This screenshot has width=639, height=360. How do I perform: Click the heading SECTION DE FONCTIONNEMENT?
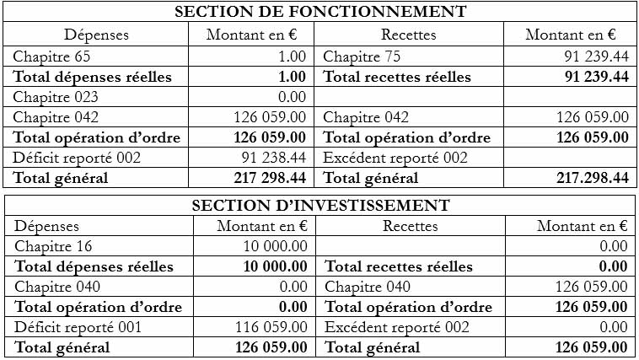tap(319, 12)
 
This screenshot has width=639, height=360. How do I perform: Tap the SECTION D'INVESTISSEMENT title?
tap(320, 205)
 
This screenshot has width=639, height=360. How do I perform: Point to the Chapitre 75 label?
tap(362, 57)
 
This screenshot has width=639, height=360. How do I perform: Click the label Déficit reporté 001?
tap(78, 327)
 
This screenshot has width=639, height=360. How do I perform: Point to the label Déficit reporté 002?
tap(77, 157)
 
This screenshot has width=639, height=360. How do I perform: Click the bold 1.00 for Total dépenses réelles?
tap(292, 77)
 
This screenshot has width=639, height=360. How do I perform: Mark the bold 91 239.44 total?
tap(595, 77)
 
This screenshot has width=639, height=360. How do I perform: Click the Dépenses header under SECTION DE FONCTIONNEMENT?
tap(97, 35)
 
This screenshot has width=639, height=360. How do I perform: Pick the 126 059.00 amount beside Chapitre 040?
tap(592, 287)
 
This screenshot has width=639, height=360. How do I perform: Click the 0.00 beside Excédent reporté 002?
tap(613, 327)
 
